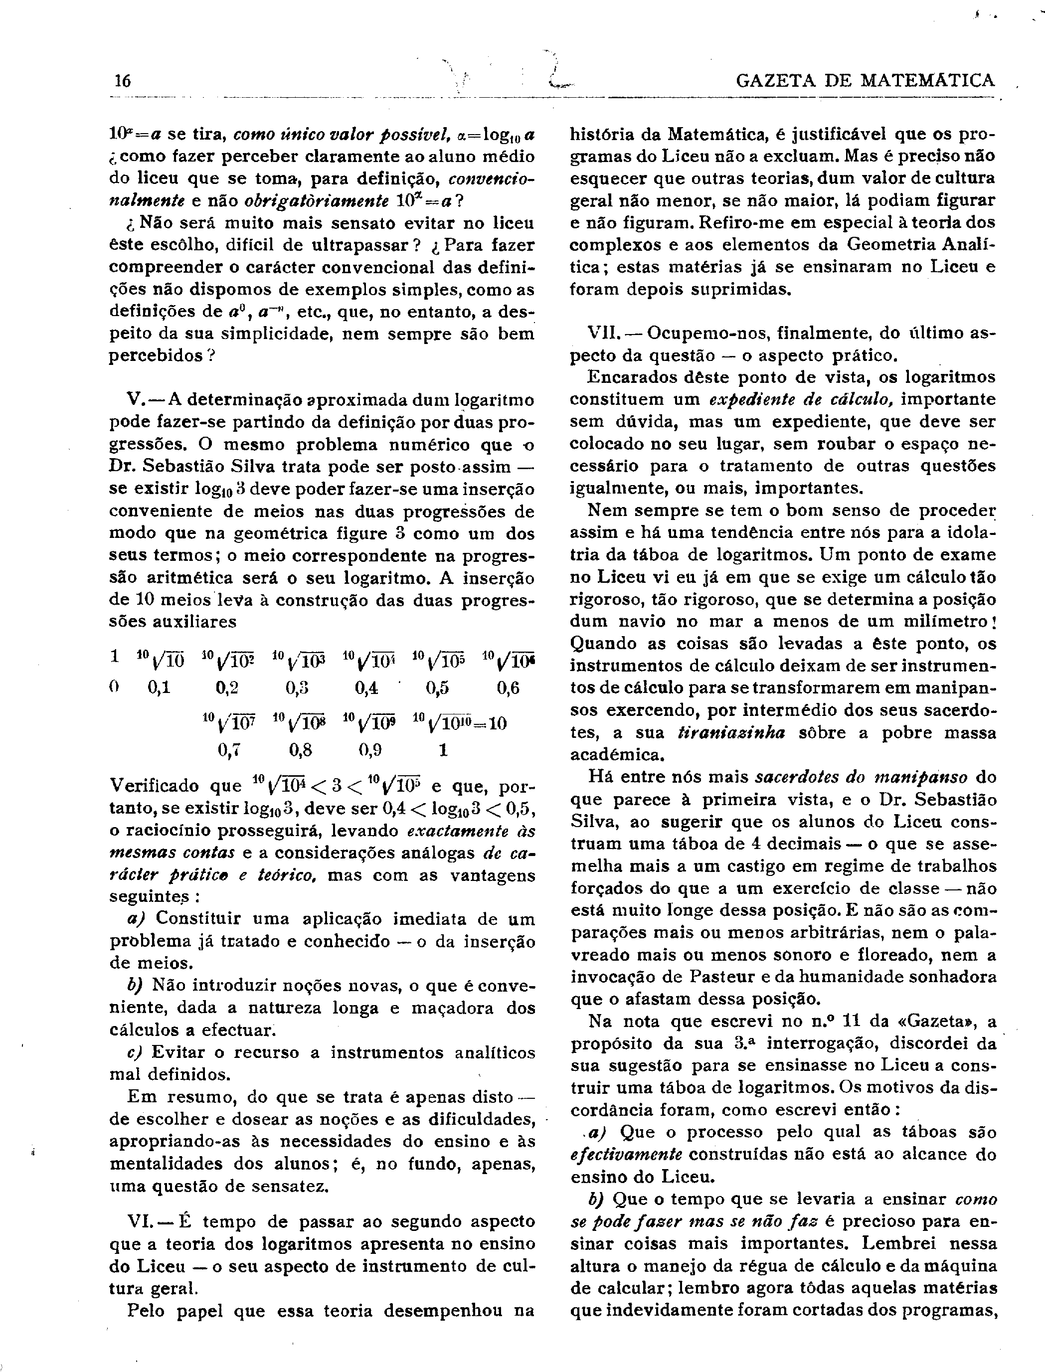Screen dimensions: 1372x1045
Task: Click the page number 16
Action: pyautogui.click(x=123, y=81)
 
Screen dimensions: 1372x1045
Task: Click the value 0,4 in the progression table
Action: pyautogui.click(x=366, y=688)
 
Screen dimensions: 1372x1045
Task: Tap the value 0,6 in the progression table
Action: pyautogui.click(x=508, y=688)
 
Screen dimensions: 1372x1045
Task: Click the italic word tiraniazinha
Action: pyautogui.click(x=731, y=733)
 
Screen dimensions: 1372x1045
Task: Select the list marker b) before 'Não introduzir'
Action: pyautogui.click(x=135, y=985)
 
